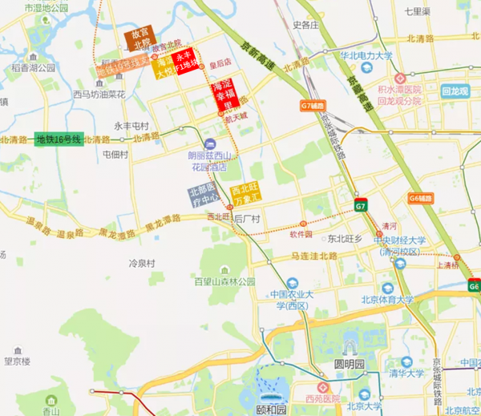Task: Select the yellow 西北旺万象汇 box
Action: [245, 193]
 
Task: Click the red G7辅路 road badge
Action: [314, 105]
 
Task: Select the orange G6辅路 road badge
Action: [419, 198]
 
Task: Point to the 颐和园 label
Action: [270, 409]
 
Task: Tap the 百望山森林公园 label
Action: [224, 281]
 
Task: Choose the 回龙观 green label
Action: [455, 91]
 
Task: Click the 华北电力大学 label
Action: [366, 56]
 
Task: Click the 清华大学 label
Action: [406, 373]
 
